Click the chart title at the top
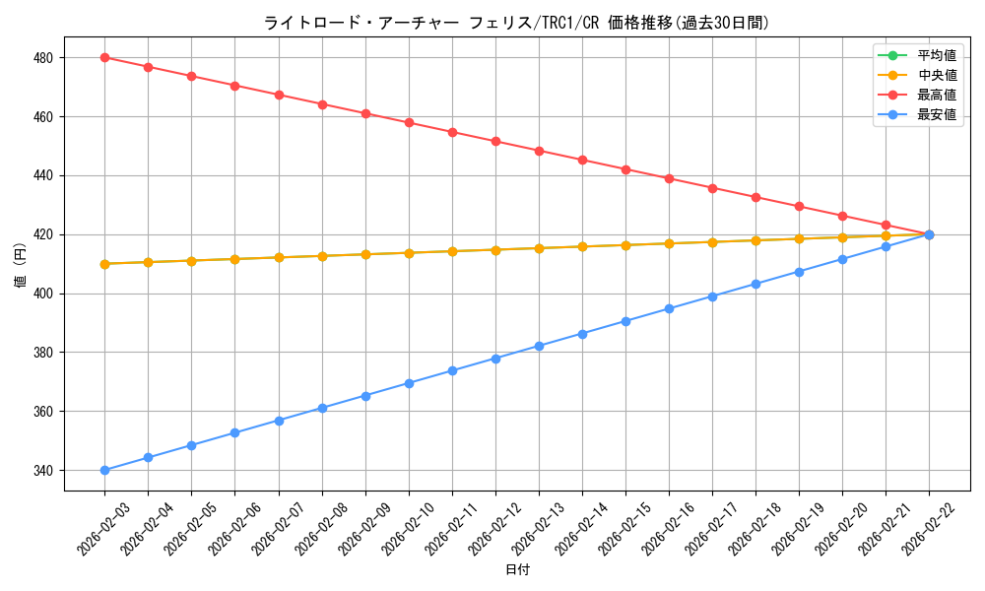[x=516, y=23]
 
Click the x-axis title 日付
[x=517, y=570]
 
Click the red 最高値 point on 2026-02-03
[x=104, y=57]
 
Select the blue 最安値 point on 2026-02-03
[x=104, y=470]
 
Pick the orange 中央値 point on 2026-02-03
[x=104, y=264]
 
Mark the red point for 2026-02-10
[x=409, y=123]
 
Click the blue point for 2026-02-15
[x=625, y=321]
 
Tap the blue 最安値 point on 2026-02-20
[x=842, y=259]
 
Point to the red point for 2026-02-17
[x=712, y=188]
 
